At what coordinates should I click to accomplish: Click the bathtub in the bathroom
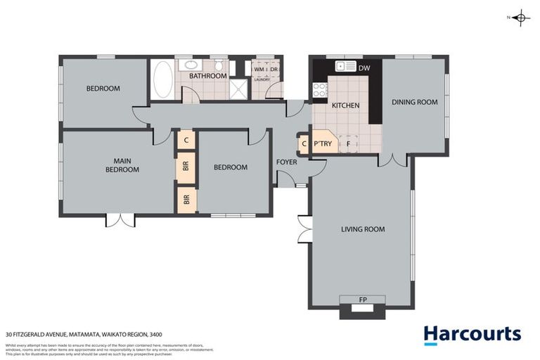click(162, 79)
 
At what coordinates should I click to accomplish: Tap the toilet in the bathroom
click(218, 67)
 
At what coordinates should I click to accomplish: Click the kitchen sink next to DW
click(346, 67)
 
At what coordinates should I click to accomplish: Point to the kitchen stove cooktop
click(319, 89)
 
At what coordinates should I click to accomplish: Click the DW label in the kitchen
click(364, 67)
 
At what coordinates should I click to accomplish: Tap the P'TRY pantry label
click(323, 144)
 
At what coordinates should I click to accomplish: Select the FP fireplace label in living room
click(363, 300)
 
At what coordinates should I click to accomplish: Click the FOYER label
click(286, 162)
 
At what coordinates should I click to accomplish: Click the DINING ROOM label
click(414, 102)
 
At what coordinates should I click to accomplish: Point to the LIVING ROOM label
click(363, 229)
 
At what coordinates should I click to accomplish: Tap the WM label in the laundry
click(258, 70)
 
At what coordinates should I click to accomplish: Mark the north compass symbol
click(520, 18)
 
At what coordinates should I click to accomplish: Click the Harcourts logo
click(472, 334)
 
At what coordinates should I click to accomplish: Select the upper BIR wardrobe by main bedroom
click(186, 167)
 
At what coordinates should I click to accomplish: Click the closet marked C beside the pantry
click(304, 144)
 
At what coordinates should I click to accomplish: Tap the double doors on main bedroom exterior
click(120, 220)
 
